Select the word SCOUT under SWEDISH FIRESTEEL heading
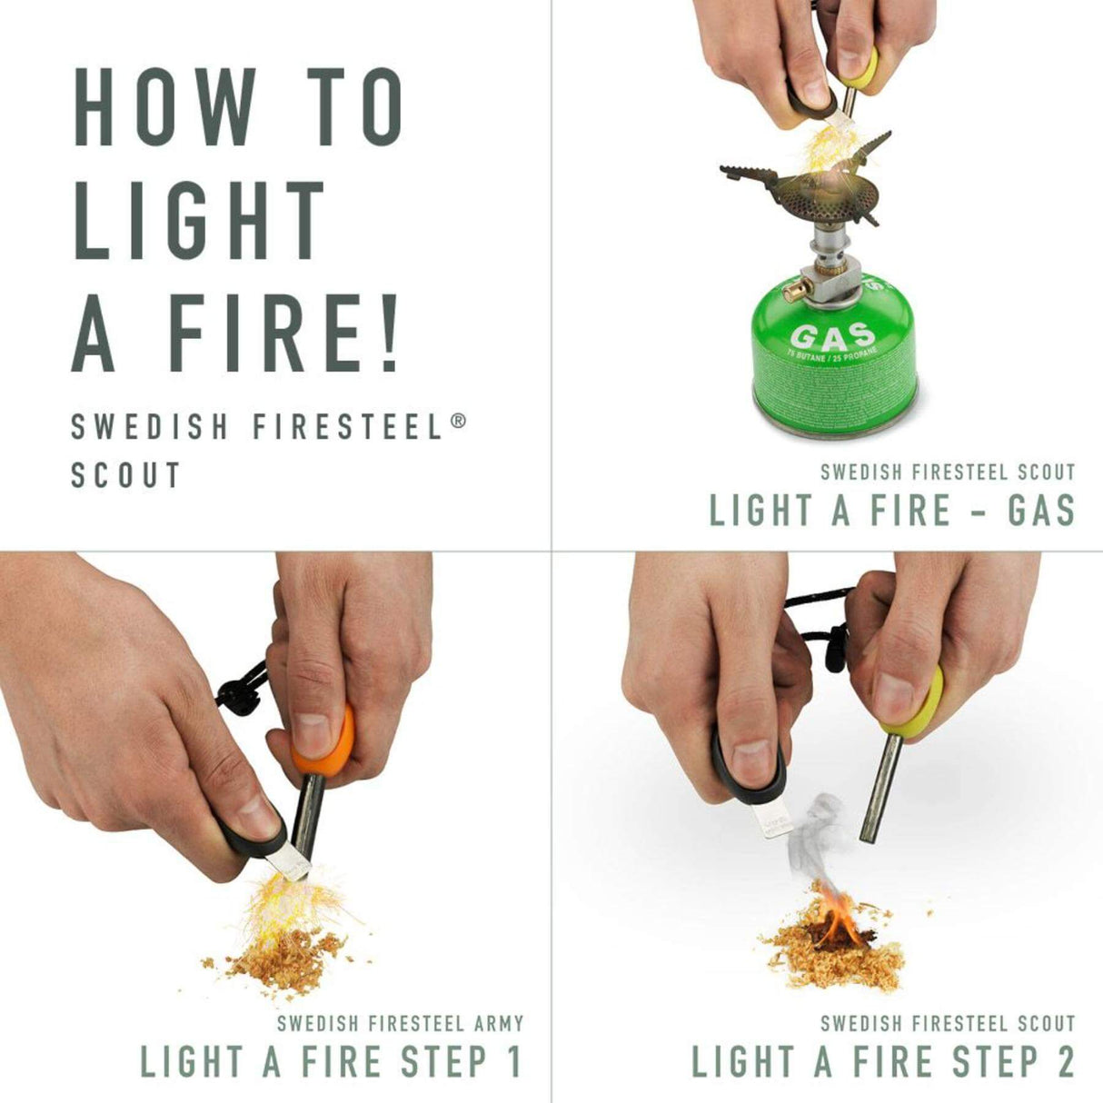(x=126, y=475)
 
